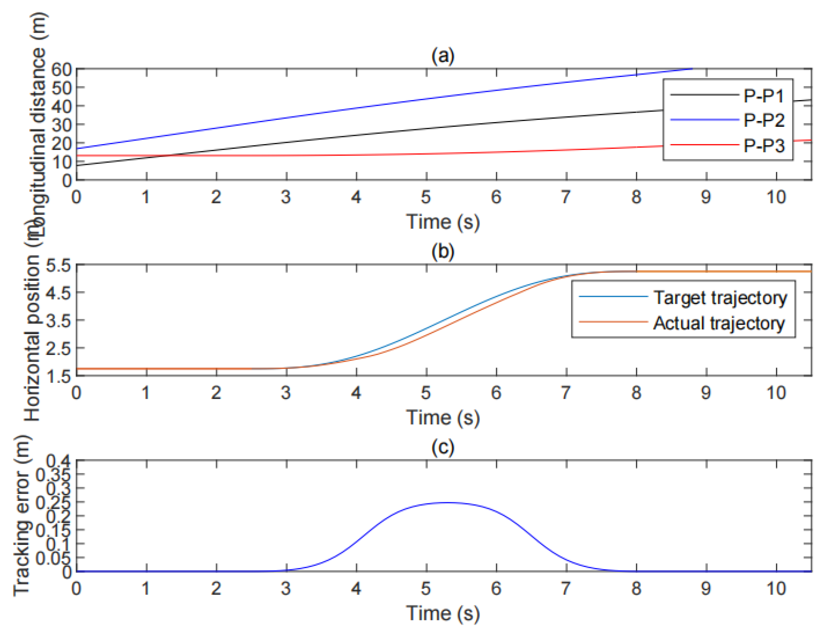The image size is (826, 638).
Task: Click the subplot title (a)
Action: coord(442,55)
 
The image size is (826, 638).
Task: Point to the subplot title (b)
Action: coord(442,251)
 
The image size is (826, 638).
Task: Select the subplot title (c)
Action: coord(442,446)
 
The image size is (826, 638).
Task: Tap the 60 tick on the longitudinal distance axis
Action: coord(61,69)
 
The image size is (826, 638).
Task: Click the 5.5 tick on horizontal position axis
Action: coord(58,265)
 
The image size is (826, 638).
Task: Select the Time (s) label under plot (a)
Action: coord(442,222)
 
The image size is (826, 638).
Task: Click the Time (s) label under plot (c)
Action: coord(442,613)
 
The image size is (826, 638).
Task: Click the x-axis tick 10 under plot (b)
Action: coord(776,393)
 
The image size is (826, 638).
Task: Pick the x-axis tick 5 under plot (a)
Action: coord(426,197)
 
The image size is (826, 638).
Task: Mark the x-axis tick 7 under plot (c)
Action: coord(566,588)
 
